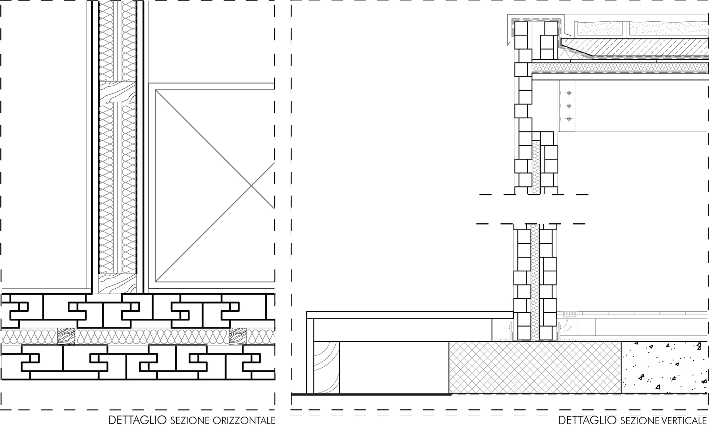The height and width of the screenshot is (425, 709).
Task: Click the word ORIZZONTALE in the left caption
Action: (244, 420)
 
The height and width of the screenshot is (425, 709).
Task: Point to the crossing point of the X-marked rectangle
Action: (251, 186)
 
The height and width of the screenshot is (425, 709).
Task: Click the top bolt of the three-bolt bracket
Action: (569, 93)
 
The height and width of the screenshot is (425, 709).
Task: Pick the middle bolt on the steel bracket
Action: (569, 106)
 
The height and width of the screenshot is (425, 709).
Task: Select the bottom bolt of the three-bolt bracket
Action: (569, 119)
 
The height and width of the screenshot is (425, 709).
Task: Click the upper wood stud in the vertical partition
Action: (117, 92)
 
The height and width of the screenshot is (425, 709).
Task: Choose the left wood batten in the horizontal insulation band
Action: (66, 336)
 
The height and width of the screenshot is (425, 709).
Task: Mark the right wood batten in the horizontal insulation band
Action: (238, 336)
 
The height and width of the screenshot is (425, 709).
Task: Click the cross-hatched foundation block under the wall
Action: (535, 367)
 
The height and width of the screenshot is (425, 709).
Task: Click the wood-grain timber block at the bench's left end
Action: (326, 367)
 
